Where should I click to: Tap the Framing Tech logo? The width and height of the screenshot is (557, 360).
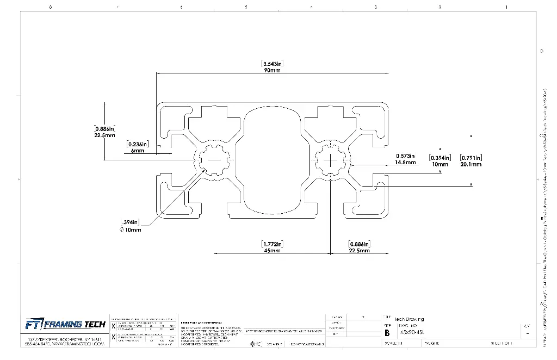click(65, 325)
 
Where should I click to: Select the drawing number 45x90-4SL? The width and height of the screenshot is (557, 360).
click(413, 332)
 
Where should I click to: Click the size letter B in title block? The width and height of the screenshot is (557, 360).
click(387, 332)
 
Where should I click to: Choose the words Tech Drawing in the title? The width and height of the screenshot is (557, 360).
click(409, 319)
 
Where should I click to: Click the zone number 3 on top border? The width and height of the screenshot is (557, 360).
click(375, 7)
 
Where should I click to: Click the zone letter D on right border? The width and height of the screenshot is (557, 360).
click(541, 51)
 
